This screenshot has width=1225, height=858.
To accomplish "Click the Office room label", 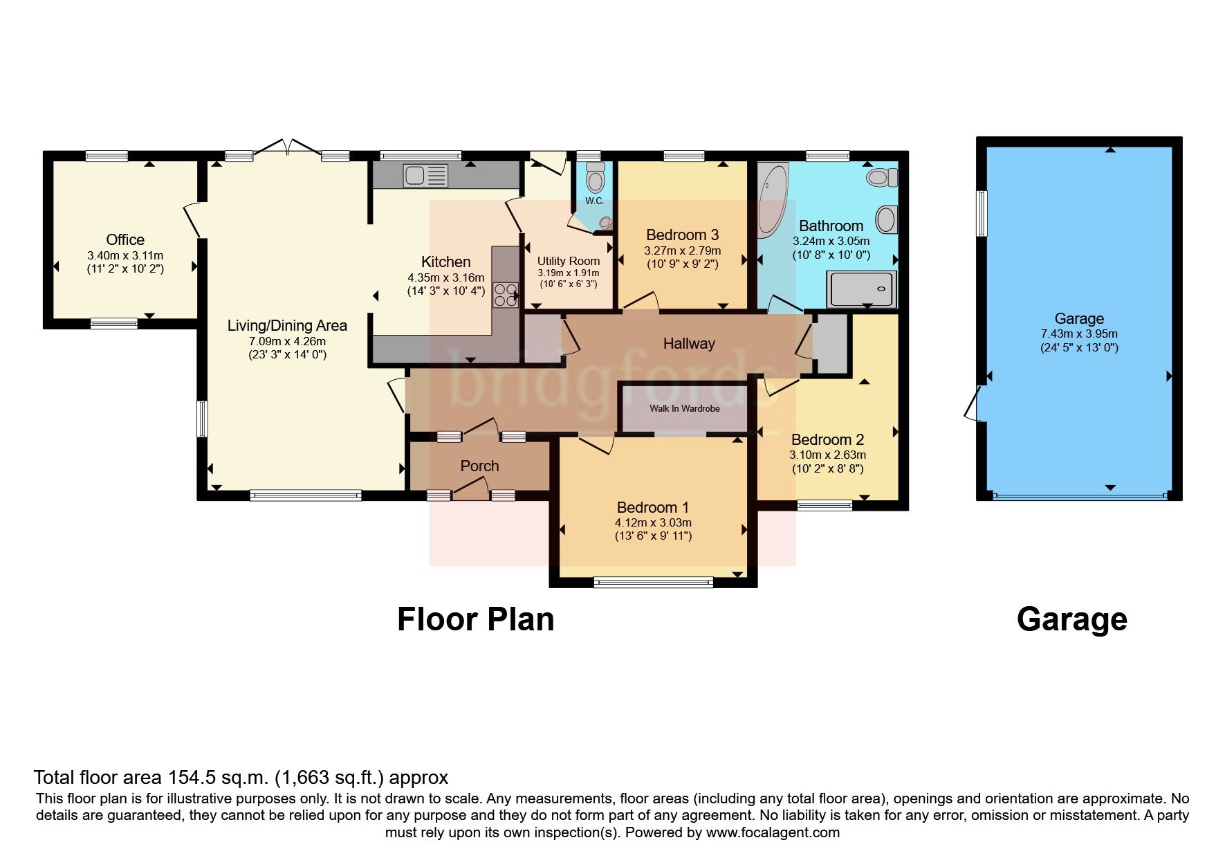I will point(125,239).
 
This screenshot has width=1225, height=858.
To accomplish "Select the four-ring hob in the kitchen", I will point(505,295).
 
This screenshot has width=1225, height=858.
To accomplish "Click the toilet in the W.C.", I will point(594,179).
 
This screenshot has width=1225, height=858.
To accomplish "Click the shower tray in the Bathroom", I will point(862,289).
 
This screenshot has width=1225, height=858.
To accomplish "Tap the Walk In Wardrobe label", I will point(684,408).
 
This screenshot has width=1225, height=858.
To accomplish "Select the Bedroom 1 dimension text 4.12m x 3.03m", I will point(653,522).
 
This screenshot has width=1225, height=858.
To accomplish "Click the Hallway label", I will point(688,343).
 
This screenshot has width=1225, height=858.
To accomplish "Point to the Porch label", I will point(479,466).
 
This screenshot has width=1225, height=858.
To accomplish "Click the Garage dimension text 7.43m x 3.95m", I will point(1079,334).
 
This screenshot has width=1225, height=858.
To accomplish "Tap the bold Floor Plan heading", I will point(475,619).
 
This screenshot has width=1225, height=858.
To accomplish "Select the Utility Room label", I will point(568,261).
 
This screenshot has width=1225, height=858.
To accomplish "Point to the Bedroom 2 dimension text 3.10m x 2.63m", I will point(827,455).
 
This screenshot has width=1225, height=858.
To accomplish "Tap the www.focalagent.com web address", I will point(773,832).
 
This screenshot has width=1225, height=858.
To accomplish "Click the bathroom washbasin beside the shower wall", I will point(886,220).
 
